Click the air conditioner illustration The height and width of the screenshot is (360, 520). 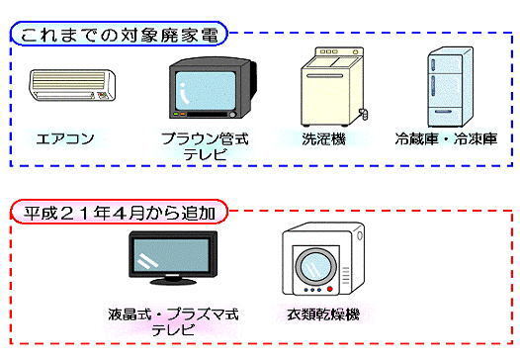pos(72,88)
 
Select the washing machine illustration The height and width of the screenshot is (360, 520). pos(330,84)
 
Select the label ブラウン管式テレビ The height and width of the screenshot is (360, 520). pos(205,147)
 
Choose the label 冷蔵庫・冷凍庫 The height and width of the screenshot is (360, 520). pos(446,139)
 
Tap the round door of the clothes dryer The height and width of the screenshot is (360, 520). pos(317,265)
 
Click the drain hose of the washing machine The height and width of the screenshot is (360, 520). pos(366,115)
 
